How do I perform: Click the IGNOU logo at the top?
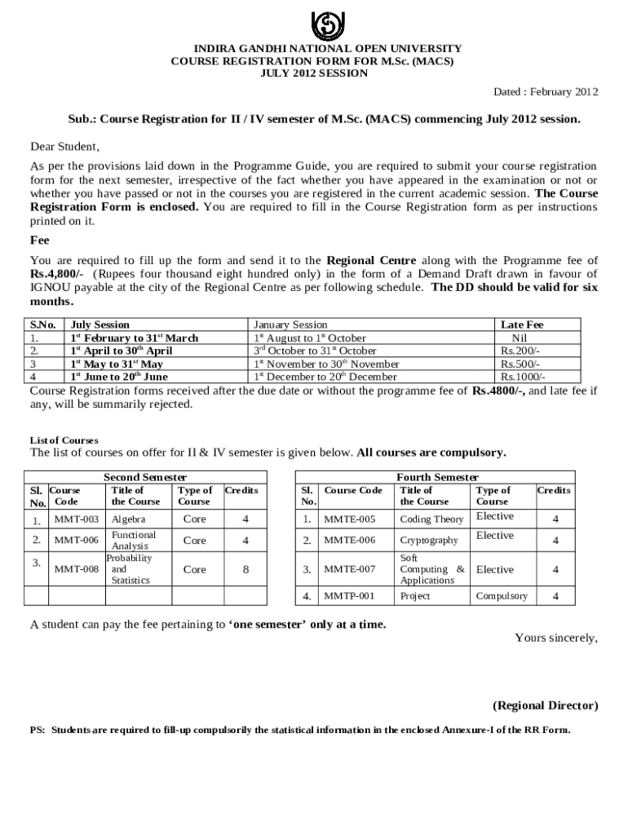click(315, 24)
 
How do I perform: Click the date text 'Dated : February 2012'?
click(546, 91)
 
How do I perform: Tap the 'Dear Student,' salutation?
click(64, 148)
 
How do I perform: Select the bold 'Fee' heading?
click(40, 241)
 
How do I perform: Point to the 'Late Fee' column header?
click(522, 325)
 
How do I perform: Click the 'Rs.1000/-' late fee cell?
click(522, 377)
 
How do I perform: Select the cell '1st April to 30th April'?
click(122, 351)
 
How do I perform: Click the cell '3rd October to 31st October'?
click(315, 351)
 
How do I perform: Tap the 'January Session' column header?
click(290, 325)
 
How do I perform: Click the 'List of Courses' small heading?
click(64, 440)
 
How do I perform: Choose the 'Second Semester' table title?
click(145, 477)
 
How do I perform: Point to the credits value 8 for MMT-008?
click(245, 569)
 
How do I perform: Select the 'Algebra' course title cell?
click(128, 519)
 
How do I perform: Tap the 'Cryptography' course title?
click(429, 540)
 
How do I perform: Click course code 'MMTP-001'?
click(350, 596)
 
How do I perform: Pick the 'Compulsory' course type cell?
click(502, 596)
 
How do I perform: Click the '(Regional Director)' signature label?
click(545, 705)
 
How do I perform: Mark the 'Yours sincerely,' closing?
click(555, 638)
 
